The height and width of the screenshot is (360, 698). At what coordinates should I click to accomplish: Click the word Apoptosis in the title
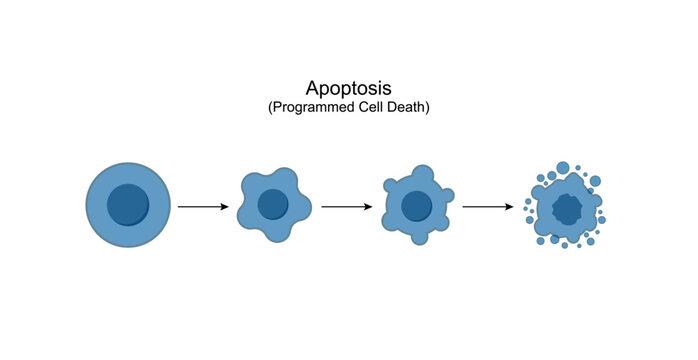[x=348, y=88]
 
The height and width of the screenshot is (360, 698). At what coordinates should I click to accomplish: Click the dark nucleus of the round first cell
[x=128, y=205]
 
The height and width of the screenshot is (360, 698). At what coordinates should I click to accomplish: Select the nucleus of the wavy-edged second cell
[x=272, y=205]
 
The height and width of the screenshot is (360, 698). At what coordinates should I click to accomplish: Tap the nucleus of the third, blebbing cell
[x=416, y=206]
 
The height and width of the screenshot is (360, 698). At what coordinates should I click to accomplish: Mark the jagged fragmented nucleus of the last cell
[x=566, y=209]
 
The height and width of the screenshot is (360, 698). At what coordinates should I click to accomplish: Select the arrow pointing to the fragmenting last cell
[x=488, y=207]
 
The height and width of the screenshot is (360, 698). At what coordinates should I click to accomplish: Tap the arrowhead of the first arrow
[x=226, y=207]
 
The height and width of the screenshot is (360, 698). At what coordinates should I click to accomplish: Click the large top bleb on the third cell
[x=424, y=174]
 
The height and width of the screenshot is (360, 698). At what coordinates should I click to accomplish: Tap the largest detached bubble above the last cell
[x=563, y=167]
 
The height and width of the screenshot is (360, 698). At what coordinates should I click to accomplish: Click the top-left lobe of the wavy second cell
[x=251, y=182]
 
